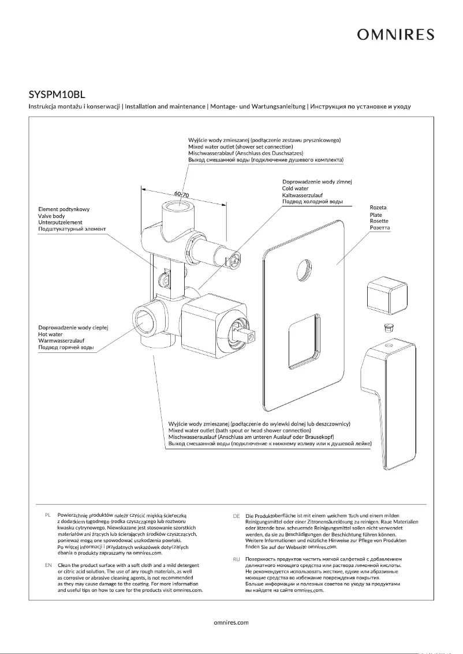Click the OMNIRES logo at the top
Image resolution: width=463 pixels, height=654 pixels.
pos(395,35)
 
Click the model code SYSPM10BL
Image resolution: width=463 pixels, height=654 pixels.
pos(57,93)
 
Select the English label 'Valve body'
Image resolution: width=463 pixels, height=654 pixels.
pos(51,216)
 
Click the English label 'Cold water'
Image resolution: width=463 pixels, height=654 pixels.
pos(295,189)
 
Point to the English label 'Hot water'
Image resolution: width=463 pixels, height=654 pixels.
pos(51,334)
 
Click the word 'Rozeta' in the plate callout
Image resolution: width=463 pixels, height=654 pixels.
pos(378,207)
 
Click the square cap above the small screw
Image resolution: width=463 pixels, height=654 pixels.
pos(387,295)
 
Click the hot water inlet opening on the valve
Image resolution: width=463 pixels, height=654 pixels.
pos(143,319)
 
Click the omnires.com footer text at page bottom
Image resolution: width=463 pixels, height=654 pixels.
pos(231,622)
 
